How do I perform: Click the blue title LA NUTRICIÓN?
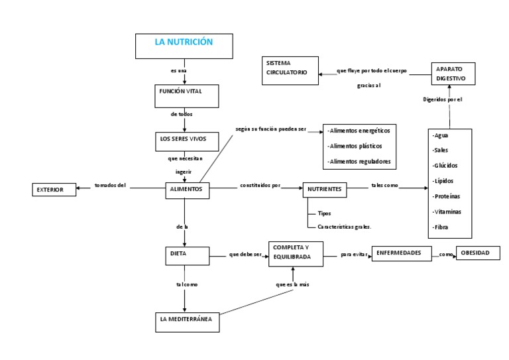tap(184, 42)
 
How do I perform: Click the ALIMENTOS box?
tap(188, 190)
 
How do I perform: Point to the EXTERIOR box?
tap(54, 190)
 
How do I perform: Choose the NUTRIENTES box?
tap(325, 190)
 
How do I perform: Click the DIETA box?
tap(187, 254)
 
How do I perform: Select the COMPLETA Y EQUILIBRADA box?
tap(296, 254)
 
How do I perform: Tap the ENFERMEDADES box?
tap(400, 253)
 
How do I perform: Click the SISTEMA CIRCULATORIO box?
tap(289, 68)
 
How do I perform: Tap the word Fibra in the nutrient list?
tap(441, 227)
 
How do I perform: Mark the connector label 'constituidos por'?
tap(260, 186)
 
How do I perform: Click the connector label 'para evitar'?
tap(354, 254)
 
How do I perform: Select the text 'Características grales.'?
tap(345, 226)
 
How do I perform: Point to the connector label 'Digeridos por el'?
tap(442, 99)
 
